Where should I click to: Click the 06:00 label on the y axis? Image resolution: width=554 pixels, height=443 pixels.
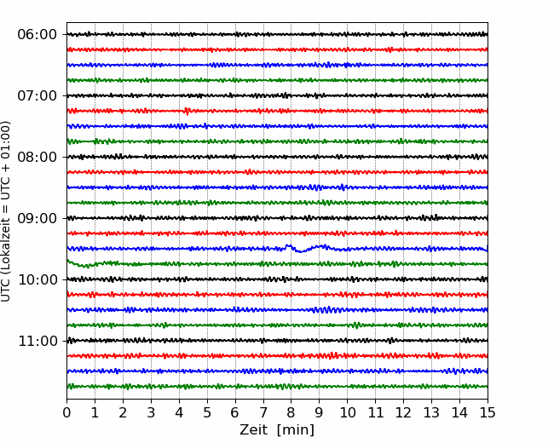click(x=38, y=35)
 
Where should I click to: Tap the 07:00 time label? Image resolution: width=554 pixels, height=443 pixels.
click(x=38, y=95)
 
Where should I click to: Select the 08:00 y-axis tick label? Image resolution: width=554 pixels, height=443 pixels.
click(x=38, y=157)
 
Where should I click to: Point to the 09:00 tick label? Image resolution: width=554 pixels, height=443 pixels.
click(x=38, y=218)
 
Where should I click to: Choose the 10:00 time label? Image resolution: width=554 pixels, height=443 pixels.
click(x=38, y=279)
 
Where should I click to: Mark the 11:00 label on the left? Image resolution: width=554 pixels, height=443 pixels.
click(x=38, y=341)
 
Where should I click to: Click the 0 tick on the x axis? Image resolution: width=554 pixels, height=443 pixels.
click(x=66, y=412)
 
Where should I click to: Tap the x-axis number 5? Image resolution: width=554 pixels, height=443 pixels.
click(x=207, y=412)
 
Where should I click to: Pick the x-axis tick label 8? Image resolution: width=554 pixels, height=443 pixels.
click(x=291, y=412)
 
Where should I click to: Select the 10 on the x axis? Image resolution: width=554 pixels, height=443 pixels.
click(x=347, y=412)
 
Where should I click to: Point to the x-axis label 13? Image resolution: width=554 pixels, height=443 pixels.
click(x=431, y=412)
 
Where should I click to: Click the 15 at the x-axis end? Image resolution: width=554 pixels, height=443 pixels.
click(x=488, y=412)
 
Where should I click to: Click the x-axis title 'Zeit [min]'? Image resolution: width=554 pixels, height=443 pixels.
click(x=277, y=430)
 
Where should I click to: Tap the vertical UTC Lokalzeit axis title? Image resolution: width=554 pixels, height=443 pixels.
click(x=6, y=211)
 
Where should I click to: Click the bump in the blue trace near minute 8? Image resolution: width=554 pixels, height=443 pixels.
click(x=289, y=245)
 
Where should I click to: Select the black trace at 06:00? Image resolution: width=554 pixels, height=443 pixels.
click(x=277, y=34)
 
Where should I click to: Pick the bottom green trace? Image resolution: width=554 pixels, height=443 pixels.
click(x=277, y=387)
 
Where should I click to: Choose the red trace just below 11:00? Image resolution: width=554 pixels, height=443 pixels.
click(x=277, y=356)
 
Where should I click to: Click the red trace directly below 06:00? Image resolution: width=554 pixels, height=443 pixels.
click(x=277, y=49)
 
